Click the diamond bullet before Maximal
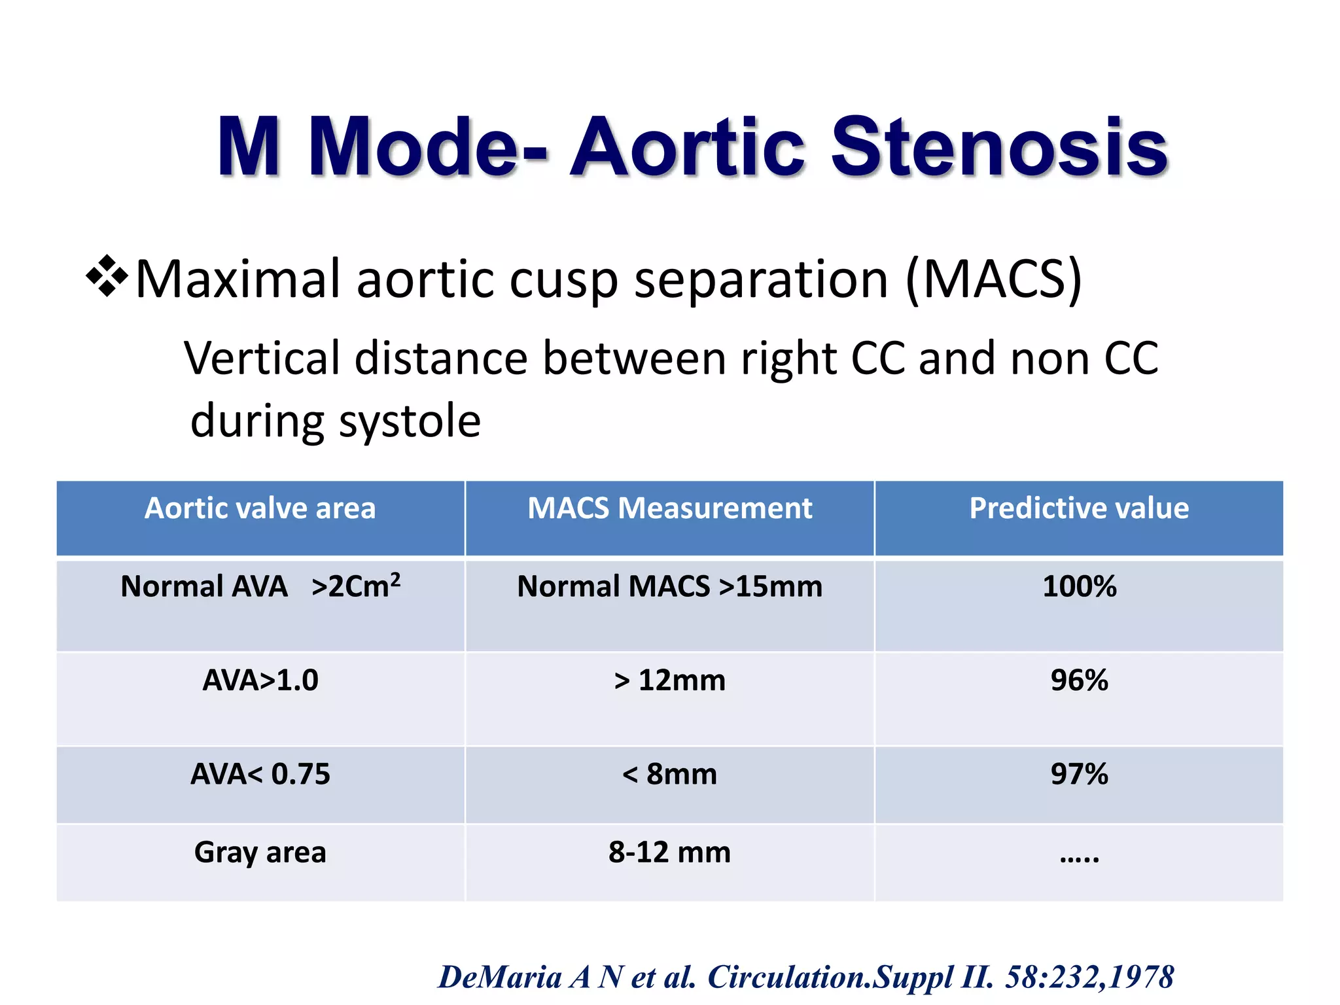pyautogui.click(x=107, y=277)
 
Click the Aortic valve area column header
pyautogui.click(x=260, y=508)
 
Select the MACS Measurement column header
pyautogui.click(x=669, y=508)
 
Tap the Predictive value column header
pyautogui.click(x=1079, y=508)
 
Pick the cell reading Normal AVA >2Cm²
pyautogui.click(x=260, y=586)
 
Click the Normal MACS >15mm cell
pyautogui.click(x=669, y=586)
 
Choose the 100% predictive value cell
pyautogui.click(x=1079, y=586)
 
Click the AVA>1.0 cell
pyautogui.click(x=260, y=680)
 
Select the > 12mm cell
pyautogui.click(x=669, y=680)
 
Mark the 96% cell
pyautogui.click(x=1079, y=680)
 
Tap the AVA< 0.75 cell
pyautogui.click(x=260, y=774)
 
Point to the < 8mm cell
pyautogui.click(x=669, y=774)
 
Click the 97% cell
pyautogui.click(x=1079, y=774)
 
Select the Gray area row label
pyautogui.click(x=260, y=852)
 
